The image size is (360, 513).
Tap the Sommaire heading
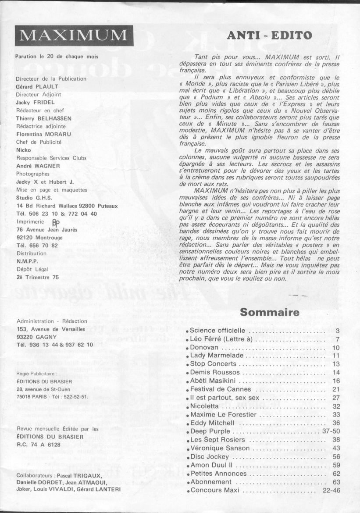coord(270,313)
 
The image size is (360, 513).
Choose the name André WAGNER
coord(38,166)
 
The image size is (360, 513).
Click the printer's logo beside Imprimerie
coord(55,222)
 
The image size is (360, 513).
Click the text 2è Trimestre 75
coord(37,277)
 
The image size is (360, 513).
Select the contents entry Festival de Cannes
coord(221,389)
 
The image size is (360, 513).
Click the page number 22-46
coord(331,490)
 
